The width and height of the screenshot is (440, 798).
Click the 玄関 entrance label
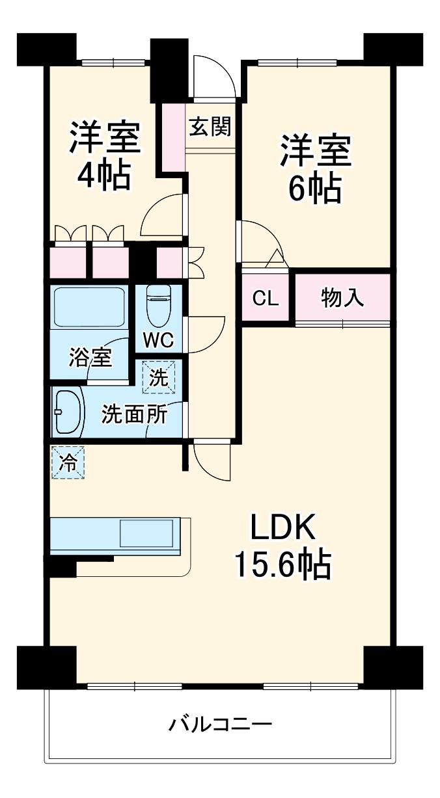210,126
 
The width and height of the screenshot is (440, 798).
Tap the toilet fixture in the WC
159,306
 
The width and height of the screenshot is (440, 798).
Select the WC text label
158,340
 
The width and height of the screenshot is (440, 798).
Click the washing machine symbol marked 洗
159,377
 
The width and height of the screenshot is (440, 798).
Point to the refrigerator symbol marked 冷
68,463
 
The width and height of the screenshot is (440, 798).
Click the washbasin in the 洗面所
68,412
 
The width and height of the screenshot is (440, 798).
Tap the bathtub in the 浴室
89,307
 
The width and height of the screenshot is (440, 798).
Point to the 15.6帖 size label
282,565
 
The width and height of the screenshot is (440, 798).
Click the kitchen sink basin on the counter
146,533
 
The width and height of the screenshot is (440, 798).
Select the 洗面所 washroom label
134,414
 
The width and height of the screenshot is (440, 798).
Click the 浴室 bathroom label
90,357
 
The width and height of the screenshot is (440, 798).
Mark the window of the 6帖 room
297,62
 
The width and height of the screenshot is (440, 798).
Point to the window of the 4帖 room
113,62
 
